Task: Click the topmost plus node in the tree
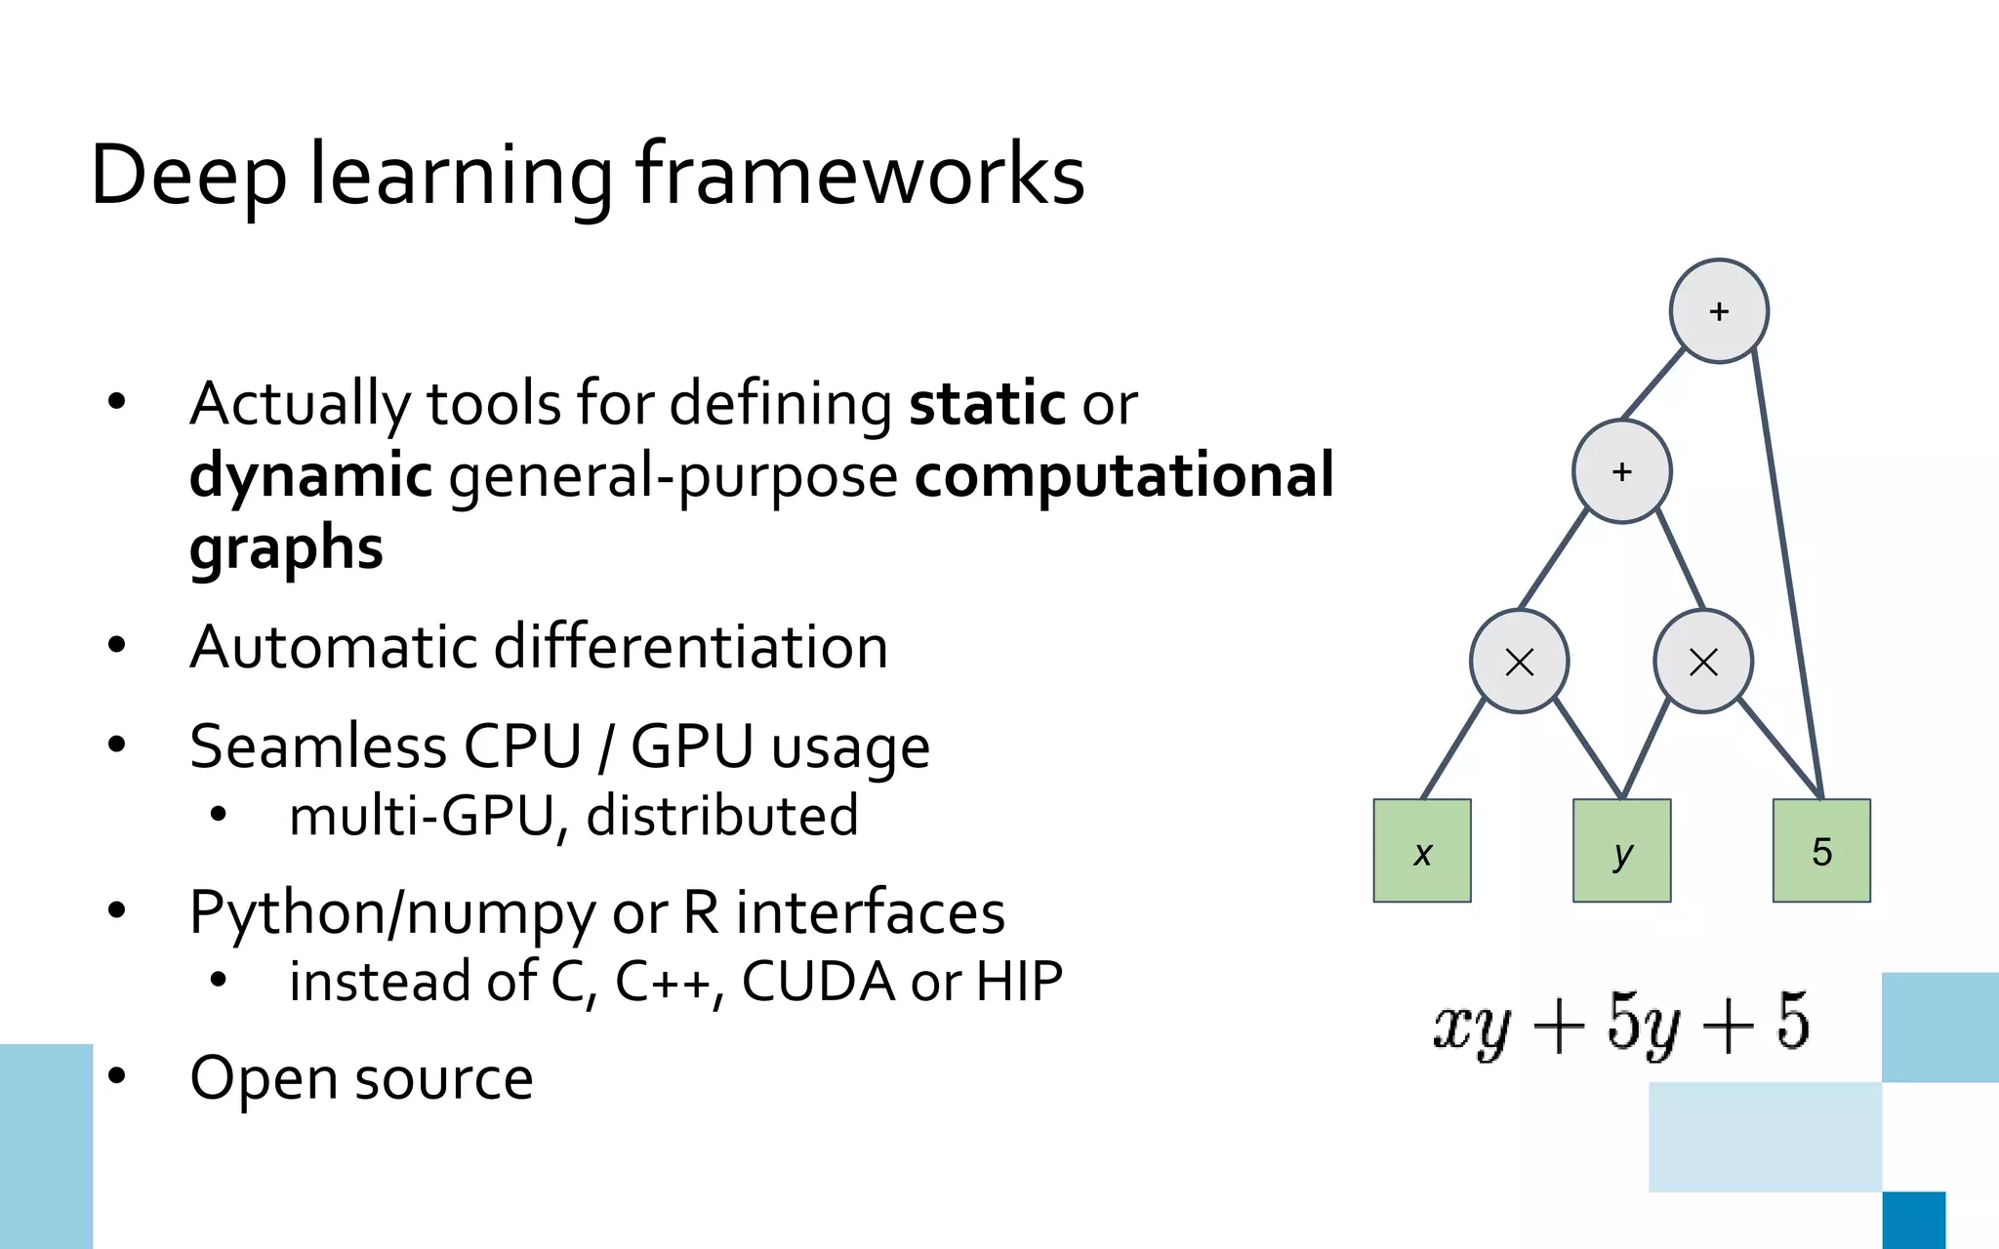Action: point(1719,311)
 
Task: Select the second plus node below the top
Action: point(1621,471)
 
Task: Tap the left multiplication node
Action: point(1520,662)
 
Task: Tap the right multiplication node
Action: point(1703,662)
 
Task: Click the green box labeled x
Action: point(1422,851)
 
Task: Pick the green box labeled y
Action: point(1621,851)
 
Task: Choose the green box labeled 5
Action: point(1821,851)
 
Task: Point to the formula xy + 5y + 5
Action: point(1621,1023)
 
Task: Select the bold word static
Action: point(987,404)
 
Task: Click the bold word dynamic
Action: point(310,476)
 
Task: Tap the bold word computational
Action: point(1124,476)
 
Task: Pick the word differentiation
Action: point(691,647)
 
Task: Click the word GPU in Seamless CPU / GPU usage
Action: point(691,746)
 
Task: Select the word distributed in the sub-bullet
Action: point(722,816)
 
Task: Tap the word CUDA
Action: point(818,982)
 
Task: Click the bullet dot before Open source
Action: point(117,1076)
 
